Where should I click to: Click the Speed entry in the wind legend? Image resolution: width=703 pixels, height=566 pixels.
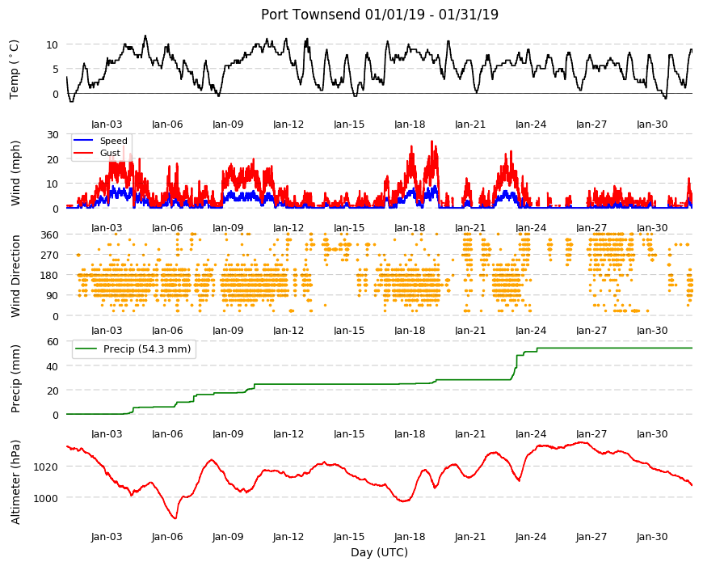tap(113, 141)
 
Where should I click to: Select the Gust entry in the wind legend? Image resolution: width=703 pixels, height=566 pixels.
tap(110, 153)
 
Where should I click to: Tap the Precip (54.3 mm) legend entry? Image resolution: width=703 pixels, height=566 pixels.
tap(146, 349)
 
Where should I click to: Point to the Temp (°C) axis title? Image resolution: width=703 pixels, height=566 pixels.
tap(15, 70)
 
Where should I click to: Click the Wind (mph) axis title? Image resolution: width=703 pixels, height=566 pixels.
tap(15, 173)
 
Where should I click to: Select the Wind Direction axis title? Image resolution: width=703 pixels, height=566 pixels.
tap(15, 277)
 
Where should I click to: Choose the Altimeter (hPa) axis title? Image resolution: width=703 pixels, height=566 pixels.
tap(15, 482)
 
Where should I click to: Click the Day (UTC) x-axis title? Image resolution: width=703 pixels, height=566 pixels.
tap(379, 552)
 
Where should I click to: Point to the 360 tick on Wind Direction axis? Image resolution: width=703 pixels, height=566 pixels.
tap(50, 235)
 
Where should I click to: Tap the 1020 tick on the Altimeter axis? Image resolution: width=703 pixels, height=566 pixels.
tap(46, 467)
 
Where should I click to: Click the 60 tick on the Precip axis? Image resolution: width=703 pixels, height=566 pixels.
tap(53, 342)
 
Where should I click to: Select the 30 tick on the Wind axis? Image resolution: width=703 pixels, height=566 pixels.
tap(53, 134)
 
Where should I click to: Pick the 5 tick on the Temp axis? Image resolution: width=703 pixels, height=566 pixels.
tap(56, 70)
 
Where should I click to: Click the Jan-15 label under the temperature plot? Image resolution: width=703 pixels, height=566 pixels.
tap(349, 125)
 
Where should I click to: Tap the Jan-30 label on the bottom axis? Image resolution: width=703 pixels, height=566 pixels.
tap(652, 537)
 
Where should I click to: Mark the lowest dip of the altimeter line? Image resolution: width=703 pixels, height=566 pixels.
tap(175, 518)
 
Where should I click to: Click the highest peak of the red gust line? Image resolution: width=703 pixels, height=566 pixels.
tap(431, 141)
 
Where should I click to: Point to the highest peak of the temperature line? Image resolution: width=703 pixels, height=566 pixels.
tap(145, 36)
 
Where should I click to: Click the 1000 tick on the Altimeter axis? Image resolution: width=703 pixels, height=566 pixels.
tap(46, 498)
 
